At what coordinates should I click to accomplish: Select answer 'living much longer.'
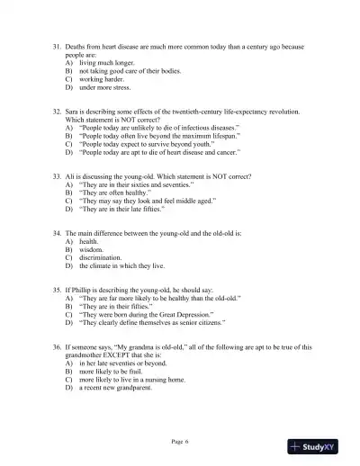pyautogui.click(x=102, y=65)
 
